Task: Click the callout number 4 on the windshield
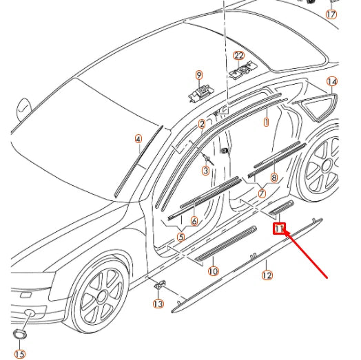[138, 139]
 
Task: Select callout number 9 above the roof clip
[199, 75]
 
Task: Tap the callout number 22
[239, 56]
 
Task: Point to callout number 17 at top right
[331, 14]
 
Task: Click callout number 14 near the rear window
[332, 81]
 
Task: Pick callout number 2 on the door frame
[202, 125]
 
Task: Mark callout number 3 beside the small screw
[205, 169]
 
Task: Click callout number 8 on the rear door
[274, 178]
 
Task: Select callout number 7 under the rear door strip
[262, 194]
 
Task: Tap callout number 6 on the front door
[194, 222]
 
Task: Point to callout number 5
[180, 237]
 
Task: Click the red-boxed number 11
[280, 228]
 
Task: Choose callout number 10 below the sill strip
[214, 271]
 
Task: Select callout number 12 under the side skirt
[267, 275]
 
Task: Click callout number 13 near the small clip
[158, 304]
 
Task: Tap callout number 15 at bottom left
[20, 354]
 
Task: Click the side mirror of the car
[25, 109]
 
